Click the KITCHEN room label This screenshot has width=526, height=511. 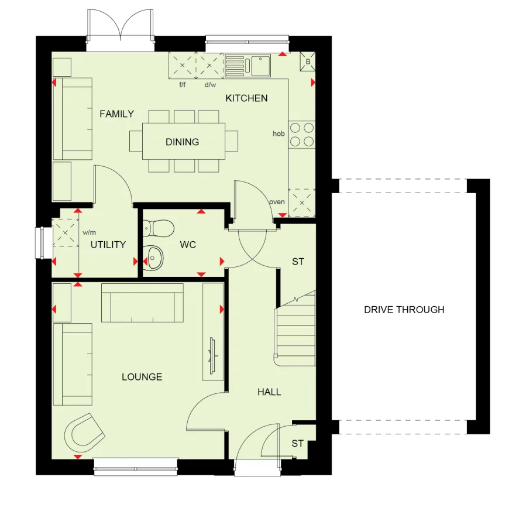click(246, 98)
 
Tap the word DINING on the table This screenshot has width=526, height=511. click(182, 142)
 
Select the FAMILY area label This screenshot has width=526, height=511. click(117, 114)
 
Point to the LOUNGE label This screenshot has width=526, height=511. click(142, 377)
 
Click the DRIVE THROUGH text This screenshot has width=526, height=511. click(404, 310)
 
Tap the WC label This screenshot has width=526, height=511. click(188, 245)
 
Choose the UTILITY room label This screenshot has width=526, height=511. click(108, 245)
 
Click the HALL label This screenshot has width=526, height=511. click(269, 392)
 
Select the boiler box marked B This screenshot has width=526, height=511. click(308, 61)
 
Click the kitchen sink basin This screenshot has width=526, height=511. click(260, 66)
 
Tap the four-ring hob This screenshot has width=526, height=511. click(301, 135)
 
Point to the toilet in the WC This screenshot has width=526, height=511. click(159, 228)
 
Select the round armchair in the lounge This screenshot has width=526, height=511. click(84, 433)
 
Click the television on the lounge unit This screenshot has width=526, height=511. click(213, 356)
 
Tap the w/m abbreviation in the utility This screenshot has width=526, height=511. click(90, 232)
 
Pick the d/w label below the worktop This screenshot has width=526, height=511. click(210, 85)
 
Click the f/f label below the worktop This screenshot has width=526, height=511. click(182, 84)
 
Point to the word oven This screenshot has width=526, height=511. click(277, 202)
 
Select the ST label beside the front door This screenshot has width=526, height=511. click(298, 444)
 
